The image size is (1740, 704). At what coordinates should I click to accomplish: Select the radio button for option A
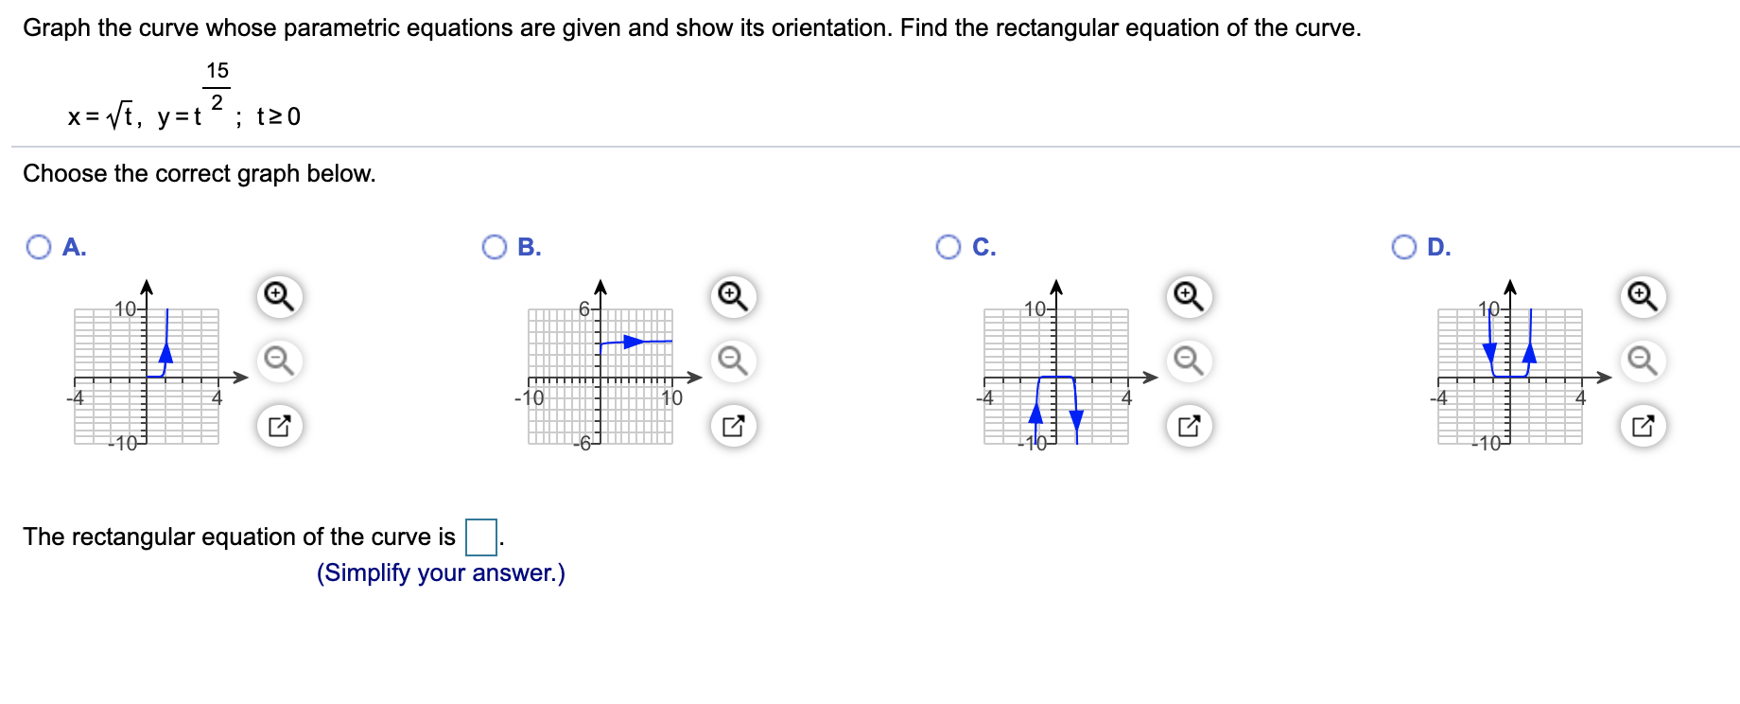pos(39,247)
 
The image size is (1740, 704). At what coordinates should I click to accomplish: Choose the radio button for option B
pos(494,247)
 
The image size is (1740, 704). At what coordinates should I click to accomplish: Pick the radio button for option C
pos(948,247)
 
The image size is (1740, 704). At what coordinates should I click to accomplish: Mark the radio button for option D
pos(1403,247)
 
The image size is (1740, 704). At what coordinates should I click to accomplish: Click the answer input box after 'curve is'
pos(481,537)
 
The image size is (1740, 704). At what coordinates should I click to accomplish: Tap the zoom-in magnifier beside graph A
pos(279,296)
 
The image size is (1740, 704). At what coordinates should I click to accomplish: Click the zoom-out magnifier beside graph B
pos(733,361)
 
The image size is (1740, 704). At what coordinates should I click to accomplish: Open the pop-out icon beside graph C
pos(1189,425)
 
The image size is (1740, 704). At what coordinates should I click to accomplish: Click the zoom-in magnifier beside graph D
pos(1643,296)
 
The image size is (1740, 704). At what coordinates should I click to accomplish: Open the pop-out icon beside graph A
pos(279,425)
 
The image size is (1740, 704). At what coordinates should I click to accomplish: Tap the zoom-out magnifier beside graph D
pos(1643,361)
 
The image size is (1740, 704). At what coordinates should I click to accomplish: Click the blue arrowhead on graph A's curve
pos(166,353)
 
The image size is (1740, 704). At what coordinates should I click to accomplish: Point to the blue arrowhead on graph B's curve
pos(634,342)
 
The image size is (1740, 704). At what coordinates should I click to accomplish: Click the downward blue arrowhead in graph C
pos(1075,419)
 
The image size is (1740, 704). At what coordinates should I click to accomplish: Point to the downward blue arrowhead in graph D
pos(1490,353)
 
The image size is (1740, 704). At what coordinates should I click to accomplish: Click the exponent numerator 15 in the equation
pos(217,71)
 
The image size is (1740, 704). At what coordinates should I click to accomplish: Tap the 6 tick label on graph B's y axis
pos(584,309)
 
